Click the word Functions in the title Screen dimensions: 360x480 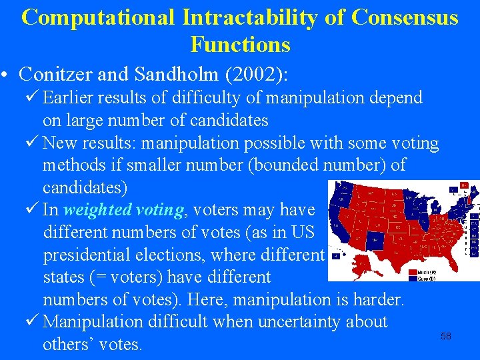(240, 45)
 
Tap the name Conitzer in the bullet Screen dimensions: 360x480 (63, 73)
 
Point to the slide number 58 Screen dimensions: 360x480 (446, 336)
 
